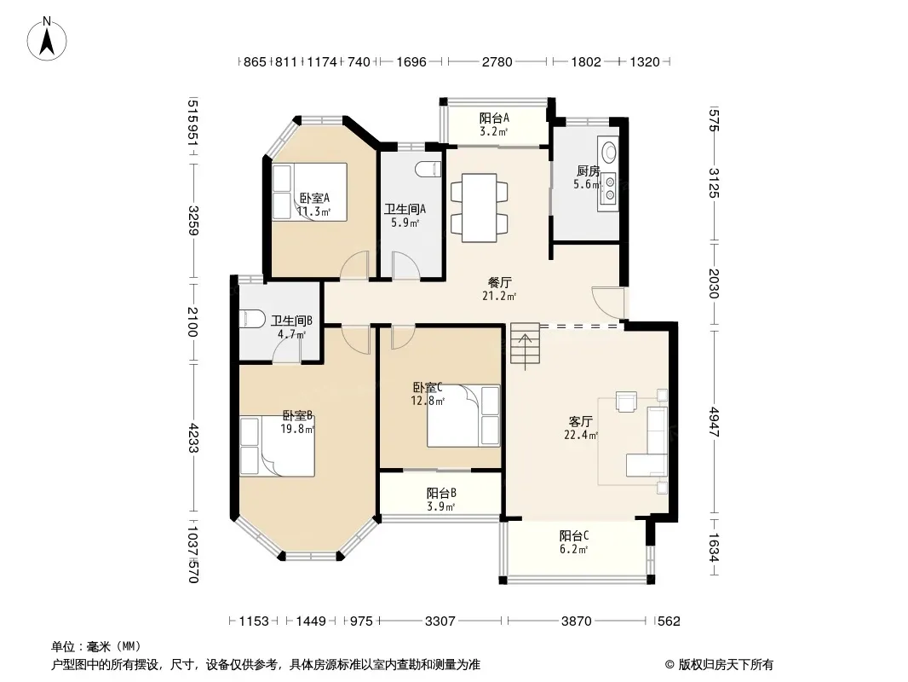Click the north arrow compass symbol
[x=47, y=39]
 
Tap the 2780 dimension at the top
[x=497, y=61]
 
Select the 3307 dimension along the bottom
[x=440, y=621]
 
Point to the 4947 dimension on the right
[x=715, y=422]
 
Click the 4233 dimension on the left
[x=193, y=439]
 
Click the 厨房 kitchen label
[x=588, y=171]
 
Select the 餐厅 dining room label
[x=500, y=283]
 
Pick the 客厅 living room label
[x=580, y=421]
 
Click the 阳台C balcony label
[x=574, y=536]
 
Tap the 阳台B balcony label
[x=441, y=493]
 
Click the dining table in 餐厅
[x=479, y=207]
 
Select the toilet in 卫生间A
[x=428, y=169]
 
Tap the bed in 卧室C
[x=463, y=415]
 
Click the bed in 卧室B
[x=278, y=446]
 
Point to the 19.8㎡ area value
[x=297, y=430]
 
